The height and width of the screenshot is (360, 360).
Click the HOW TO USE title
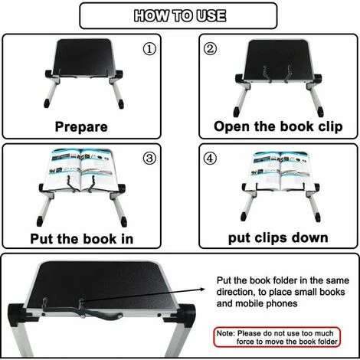coord(180,15)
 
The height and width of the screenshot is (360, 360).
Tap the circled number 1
coord(150,50)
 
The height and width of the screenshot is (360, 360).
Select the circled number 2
coord(208,50)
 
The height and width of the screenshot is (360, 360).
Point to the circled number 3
coord(150,160)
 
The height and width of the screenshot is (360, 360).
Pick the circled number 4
coord(208,160)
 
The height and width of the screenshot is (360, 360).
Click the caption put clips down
coord(277,238)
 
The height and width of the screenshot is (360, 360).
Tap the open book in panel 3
coord(82,169)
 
